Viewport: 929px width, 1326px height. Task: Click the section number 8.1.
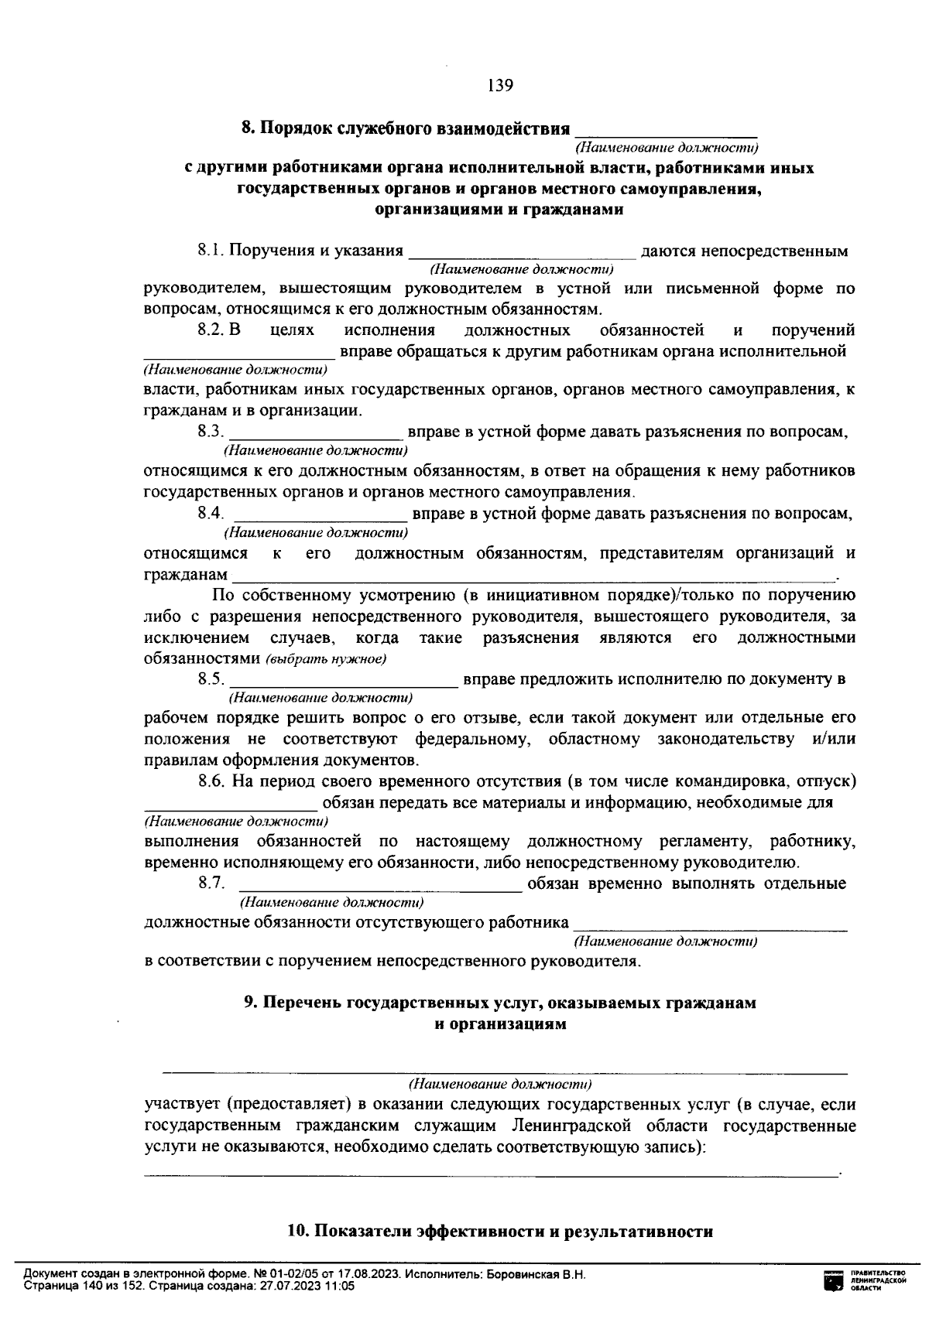(211, 251)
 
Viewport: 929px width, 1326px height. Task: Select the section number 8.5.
(211, 679)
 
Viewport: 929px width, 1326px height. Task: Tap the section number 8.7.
(211, 883)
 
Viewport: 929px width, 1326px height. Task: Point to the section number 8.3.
(211, 432)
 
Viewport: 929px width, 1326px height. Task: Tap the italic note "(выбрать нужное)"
(326, 660)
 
